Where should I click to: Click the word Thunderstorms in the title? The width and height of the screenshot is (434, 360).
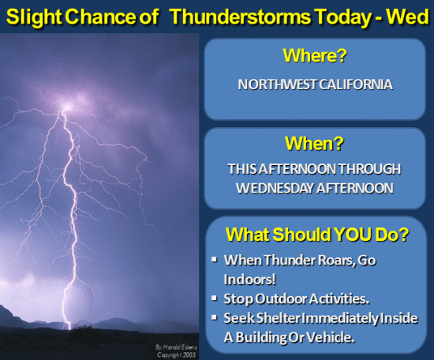[x=241, y=17]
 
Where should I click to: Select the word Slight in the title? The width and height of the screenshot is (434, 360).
[x=34, y=17]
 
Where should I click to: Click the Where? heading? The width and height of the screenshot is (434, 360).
[x=315, y=55]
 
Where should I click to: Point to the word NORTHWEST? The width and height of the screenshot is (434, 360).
[x=277, y=84]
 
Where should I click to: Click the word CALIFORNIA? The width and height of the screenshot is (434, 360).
[x=356, y=84]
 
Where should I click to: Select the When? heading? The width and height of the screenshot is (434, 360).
[x=314, y=143]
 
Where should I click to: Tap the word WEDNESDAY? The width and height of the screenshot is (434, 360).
[x=275, y=189]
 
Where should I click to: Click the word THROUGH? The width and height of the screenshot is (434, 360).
[x=370, y=169]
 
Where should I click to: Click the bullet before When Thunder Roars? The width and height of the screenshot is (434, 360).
[x=214, y=260]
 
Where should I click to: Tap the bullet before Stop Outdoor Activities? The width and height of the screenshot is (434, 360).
[x=214, y=298]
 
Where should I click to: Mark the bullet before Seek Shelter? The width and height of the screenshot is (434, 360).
[x=214, y=317]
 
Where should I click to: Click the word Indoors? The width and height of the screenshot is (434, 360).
[x=249, y=279]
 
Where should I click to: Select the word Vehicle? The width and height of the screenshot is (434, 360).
[x=331, y=337]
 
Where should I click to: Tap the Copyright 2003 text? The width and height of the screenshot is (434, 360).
[x=176, y=354]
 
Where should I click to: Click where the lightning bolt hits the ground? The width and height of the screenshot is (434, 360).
[x=69, y=328]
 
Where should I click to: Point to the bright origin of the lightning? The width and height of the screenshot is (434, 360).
[x=66, y=107]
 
